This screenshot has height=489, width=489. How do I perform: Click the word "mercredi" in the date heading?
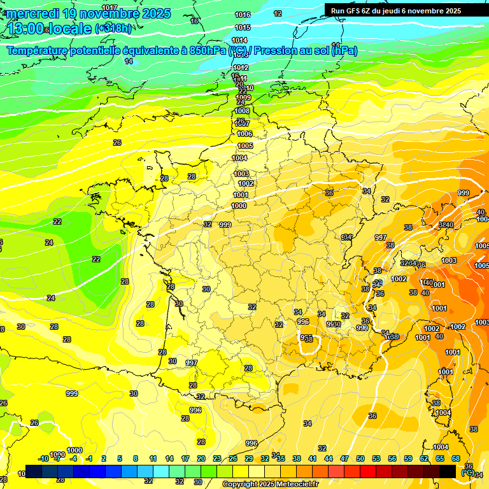coord(32,13)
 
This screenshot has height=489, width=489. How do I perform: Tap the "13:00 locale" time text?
coord(48,29)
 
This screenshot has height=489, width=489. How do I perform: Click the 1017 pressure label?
coord(110,8)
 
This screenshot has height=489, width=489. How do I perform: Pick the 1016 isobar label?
coord(243,15)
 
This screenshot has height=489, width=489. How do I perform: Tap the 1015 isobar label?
coord(243,27)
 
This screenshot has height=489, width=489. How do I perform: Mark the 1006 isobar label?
coord(245,134)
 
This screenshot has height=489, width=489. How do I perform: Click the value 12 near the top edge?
coord(278,13)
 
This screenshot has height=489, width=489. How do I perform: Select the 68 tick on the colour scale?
coord(456,458)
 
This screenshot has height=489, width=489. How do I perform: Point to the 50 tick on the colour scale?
coord(360,458)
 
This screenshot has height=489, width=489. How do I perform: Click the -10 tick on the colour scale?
coord(43,458)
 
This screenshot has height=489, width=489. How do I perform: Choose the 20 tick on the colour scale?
coord(201,458)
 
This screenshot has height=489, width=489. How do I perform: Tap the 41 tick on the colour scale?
coord(313,458)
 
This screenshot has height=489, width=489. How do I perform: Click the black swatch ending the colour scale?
coord(448,471)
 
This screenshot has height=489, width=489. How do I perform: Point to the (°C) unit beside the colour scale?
coord(468,472)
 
